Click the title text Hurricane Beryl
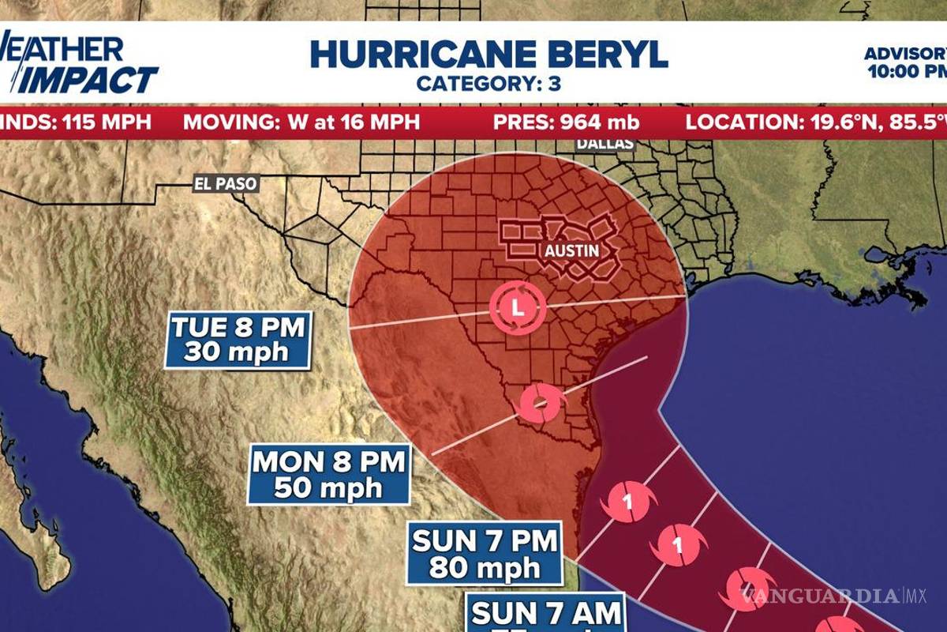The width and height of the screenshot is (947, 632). coord(488,54)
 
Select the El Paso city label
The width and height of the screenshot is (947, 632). coord(226,184)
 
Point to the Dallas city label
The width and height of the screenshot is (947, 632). coord(605,144)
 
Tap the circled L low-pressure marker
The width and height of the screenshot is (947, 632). coord(517,307)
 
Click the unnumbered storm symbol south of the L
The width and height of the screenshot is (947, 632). coord(540,403)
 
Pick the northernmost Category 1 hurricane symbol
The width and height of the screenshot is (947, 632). coord(629,502)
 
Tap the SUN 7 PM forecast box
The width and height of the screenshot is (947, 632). coord(485,554)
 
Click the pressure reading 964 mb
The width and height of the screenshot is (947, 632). coord(566,122)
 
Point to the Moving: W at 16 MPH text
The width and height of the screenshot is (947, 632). coord(301,122)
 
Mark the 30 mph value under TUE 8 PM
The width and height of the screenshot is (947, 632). coord(237,352)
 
